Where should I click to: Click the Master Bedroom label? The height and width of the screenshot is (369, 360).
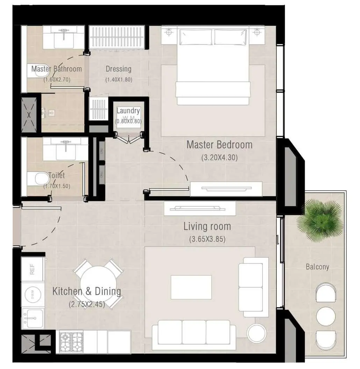pyautogui.click(x=219, y=145)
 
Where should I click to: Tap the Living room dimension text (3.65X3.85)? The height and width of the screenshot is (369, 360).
pyautogui.click(x=207, y=239)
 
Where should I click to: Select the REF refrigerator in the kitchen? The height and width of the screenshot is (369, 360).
pyautogui.click(x=32, y=269)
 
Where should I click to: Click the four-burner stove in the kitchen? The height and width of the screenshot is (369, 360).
pyautogui.click(x=71, y=341)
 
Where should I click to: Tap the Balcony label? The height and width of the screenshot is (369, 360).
pyautogui.click(x=317, y=267)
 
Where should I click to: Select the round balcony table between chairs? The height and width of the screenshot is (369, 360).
pyautogui.click(x=326, y=316)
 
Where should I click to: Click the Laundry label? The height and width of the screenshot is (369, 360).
pyautogui.click(x=128, y=111)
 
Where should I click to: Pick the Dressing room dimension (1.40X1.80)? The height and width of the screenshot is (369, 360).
pyautogui.click(x=119, y=80)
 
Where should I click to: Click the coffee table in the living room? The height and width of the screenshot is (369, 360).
pyautogui.click(x=191, y=287)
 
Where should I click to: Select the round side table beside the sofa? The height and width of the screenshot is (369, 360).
pyautogui.click(x=256, y=333)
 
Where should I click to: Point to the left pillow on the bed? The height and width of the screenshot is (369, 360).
pyautogui.click(x=195, y=37)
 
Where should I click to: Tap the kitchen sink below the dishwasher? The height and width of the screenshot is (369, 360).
pyautogui.click(x=33, y=318)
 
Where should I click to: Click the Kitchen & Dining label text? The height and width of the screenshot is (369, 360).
pyautogui.click(x=87, y=291)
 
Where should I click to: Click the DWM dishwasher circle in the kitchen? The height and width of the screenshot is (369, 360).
pyautogui.click(x=33, y=296)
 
